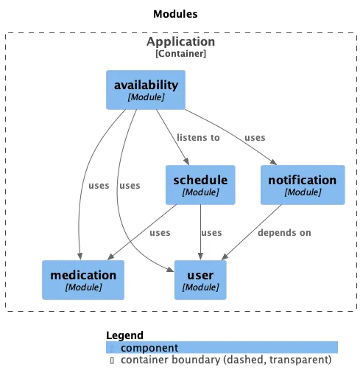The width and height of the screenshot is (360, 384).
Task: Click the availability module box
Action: coord(146,90)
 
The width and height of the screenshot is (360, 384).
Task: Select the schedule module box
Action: coord(200,184)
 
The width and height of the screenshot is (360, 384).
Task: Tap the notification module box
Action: coord(302,184)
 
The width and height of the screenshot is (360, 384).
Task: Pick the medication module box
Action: coord(83,279)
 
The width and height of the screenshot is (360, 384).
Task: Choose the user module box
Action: coord(200,279)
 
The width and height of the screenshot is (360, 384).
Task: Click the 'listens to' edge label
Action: coord(198,138)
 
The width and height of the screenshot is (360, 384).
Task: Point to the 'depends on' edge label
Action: coord(284,233)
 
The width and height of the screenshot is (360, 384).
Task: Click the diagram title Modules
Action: coord(175,14)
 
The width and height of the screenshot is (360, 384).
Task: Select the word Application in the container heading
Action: coord(180,42)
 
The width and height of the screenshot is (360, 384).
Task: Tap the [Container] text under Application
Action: coord(180,54)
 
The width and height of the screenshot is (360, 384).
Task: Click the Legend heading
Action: coord(124,335)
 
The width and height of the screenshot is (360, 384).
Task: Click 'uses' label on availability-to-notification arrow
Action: coord(255,138)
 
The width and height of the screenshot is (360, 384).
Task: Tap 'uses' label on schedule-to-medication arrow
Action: coord(160,233)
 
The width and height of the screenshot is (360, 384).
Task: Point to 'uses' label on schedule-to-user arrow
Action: coord(211,233)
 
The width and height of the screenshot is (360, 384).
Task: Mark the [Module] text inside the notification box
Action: coord(302,192)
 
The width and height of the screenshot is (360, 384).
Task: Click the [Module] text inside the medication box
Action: coord(83,287)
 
